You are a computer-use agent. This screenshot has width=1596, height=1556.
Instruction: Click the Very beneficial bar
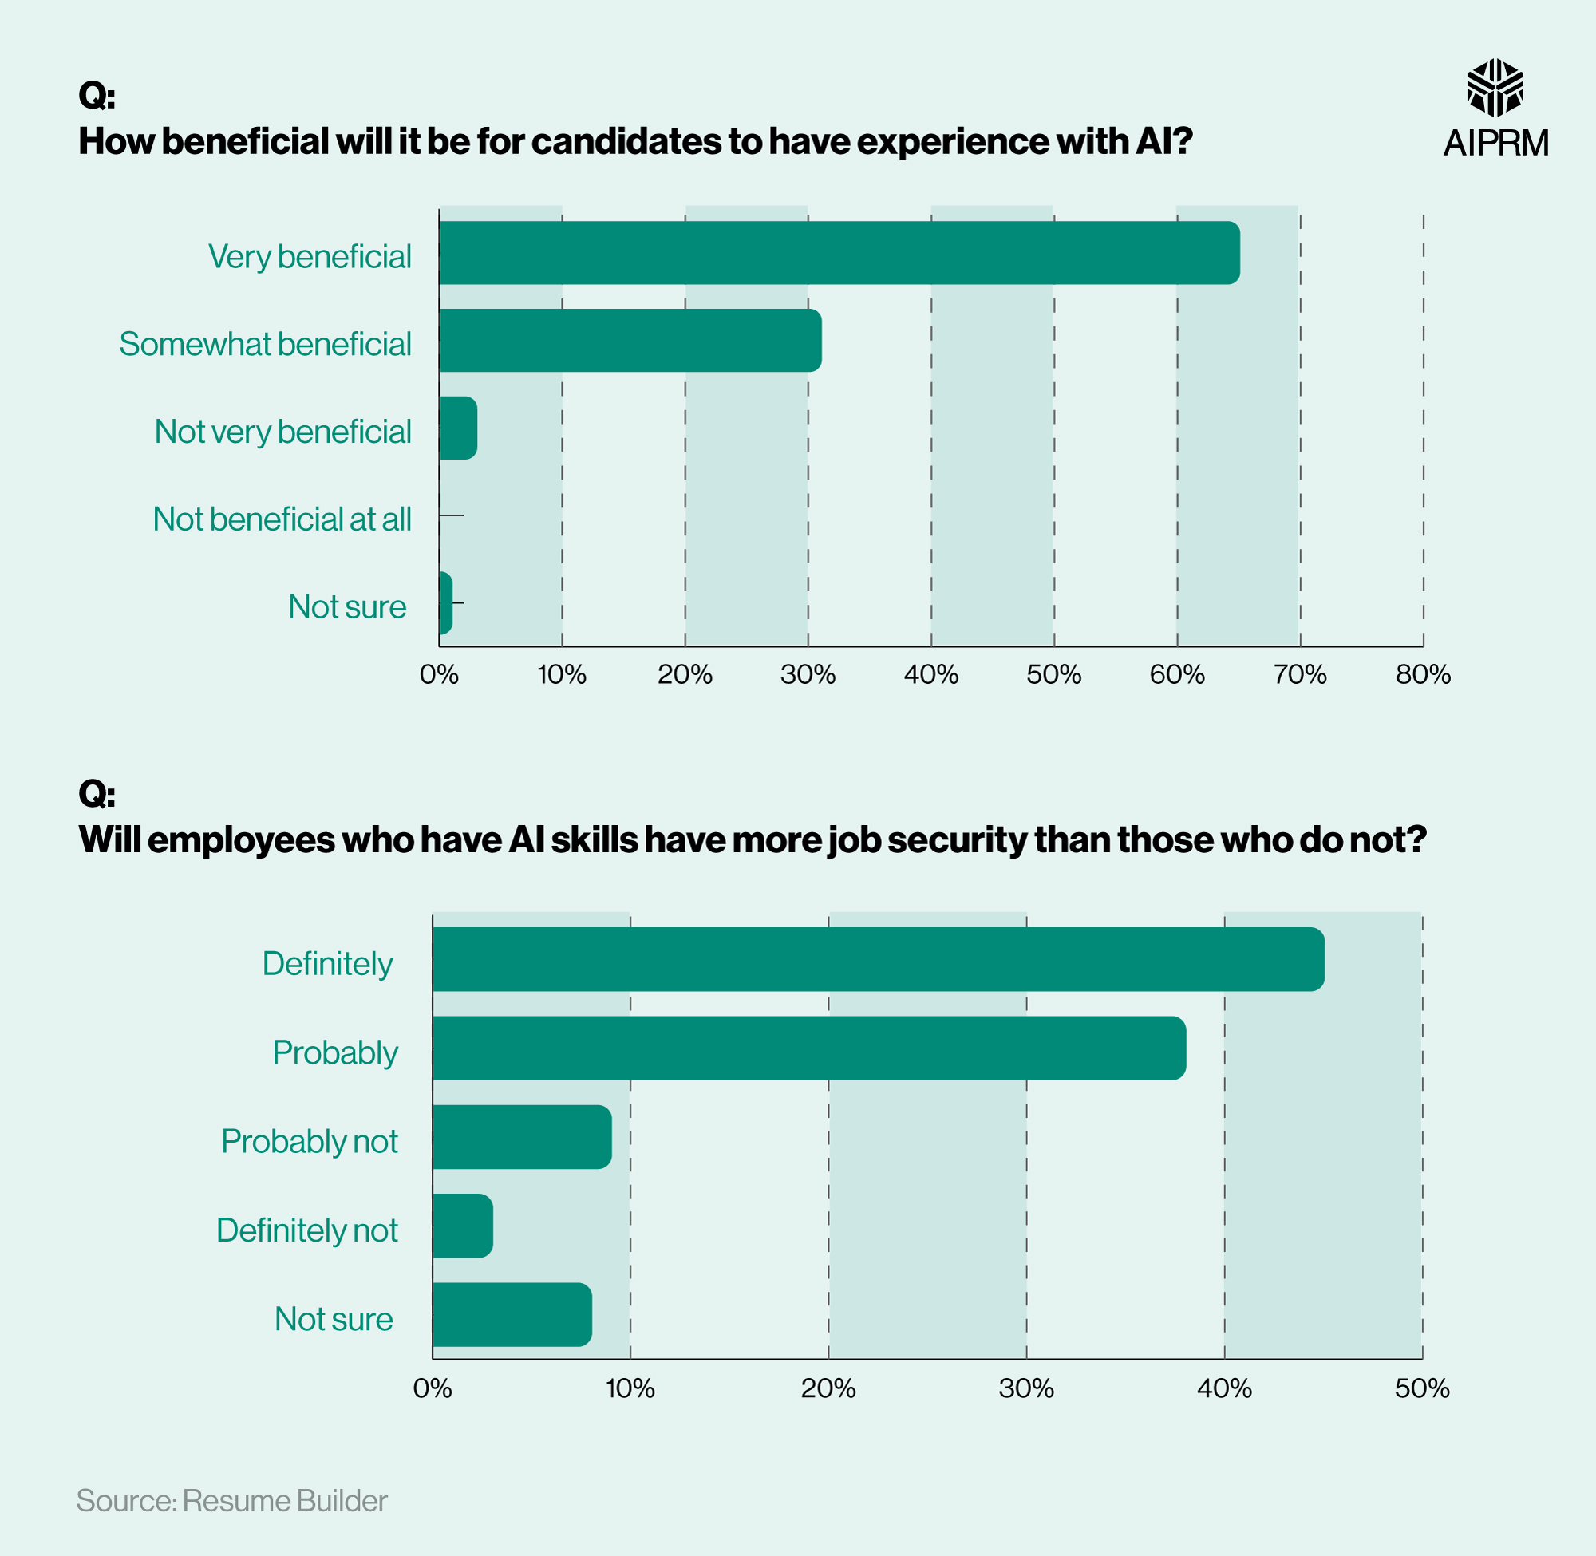(x=839, y=252)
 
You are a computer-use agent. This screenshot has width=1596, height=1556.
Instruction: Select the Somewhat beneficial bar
(x=630, y=340)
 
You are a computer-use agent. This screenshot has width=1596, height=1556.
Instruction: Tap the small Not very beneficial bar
(x=457, y=428)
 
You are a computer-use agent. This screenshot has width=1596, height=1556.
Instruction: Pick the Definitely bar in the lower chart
(x=878, y=959)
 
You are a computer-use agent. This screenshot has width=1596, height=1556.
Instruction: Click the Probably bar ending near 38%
(x=808, y=1048)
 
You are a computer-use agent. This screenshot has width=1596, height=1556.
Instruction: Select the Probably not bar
(x=521, y=1137)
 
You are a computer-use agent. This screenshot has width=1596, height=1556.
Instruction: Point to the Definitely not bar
(x=463, y=1226)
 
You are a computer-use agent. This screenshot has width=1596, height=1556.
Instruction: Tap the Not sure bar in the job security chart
(x=512, y=1314)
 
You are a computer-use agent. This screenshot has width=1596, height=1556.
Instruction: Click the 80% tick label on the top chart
(x=1423, y=674)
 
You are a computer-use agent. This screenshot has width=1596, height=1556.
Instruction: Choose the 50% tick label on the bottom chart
(x=1422, y=1388)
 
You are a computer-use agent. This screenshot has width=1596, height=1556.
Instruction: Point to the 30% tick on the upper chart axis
(x=808, y=674)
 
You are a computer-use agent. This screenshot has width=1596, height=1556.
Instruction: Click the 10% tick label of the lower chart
(x=630, y=1388)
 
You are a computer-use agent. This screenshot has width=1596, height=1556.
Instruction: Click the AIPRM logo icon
(x=1495, y=88)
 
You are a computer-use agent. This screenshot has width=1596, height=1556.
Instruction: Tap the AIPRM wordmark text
(x=1495, y=143)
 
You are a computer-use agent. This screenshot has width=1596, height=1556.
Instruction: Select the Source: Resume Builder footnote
(x=231, y=1500)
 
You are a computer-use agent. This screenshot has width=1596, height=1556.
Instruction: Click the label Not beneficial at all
(x=282, y=519)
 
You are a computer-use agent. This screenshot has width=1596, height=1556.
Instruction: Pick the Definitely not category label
(x=306, y=1230)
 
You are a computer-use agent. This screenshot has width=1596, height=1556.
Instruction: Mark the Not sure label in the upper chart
(x=346, y=606)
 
